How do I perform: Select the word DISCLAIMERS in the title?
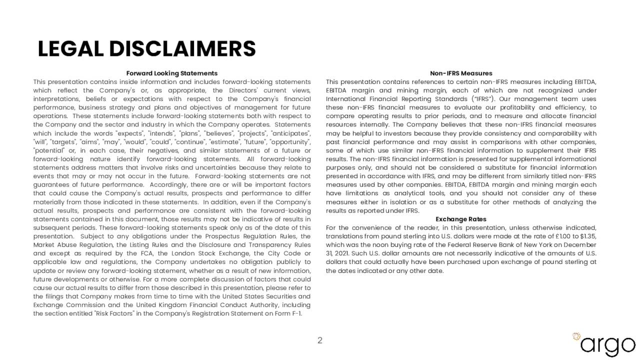point(182,49)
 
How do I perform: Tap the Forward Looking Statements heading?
point(171,73)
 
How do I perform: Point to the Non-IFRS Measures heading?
point(461,73)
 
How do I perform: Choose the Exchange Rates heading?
point(461,219)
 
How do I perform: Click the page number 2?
point(320,340)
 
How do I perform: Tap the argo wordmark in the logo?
point(607,345)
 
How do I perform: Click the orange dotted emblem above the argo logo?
point(576,336)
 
